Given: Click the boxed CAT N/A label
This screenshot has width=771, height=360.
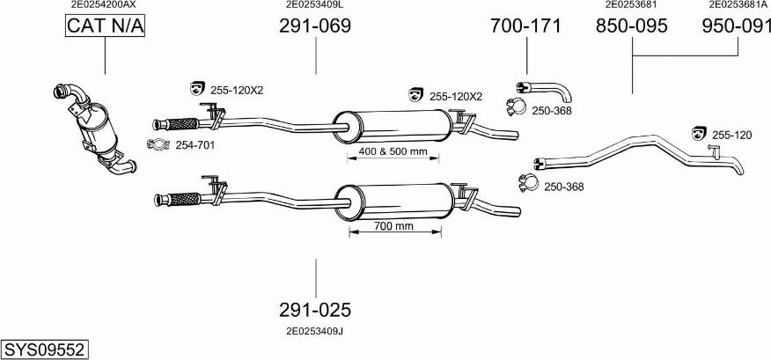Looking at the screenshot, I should (105, 27).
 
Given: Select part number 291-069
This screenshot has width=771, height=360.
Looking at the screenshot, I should (314, 26).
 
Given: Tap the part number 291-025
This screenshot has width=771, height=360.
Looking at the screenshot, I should (314, 310).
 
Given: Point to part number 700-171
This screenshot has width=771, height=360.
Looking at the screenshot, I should (525, 26).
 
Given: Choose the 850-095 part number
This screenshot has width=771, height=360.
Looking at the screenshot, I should (631, 27).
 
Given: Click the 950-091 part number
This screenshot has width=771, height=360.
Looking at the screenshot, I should (737, 27).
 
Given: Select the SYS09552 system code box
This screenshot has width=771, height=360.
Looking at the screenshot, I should (44, 349).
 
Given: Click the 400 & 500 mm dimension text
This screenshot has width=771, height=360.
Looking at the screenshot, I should (393, 152).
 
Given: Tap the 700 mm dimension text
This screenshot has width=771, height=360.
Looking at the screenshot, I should (393, 226).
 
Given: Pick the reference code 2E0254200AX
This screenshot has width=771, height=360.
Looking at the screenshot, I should (104, 4).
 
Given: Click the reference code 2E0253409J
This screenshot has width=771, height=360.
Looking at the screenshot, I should (314, 331).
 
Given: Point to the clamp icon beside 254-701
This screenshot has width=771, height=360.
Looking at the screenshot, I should (158, 145).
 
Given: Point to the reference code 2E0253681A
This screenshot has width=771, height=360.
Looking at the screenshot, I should (737, 4).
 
